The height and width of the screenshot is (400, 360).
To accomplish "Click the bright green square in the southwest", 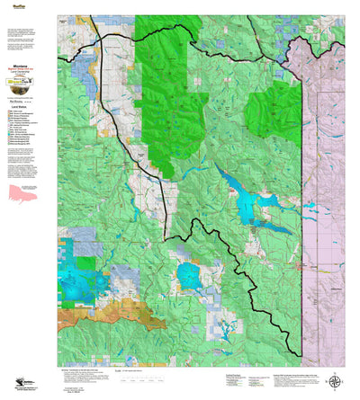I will click(85, 262).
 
